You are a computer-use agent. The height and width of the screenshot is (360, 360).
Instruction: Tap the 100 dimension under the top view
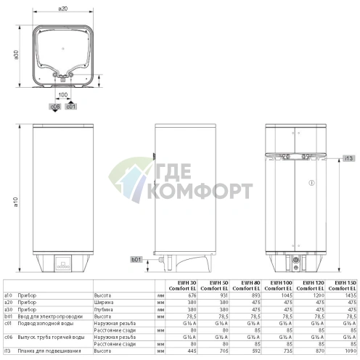pos(64,95)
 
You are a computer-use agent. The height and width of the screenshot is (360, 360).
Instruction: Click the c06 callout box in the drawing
pos(54,107)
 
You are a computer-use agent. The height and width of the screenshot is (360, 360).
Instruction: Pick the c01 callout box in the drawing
pos(71,107)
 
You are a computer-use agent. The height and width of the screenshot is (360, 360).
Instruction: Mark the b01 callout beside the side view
pos(135,258)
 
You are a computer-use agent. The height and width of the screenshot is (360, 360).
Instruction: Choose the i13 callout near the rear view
pos(348,157)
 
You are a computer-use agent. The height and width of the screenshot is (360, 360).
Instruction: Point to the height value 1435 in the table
pos(349,295)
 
